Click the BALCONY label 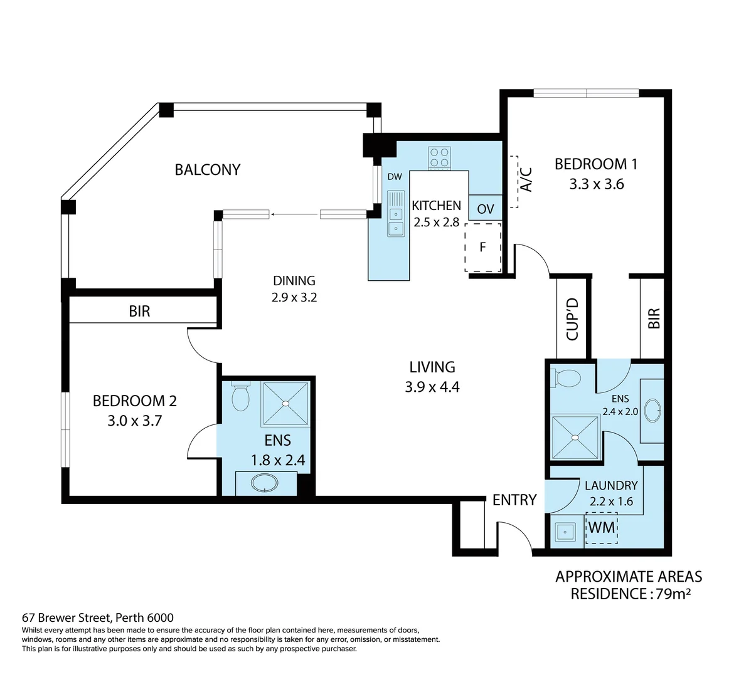(207, 169)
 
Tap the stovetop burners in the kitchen (439, 158)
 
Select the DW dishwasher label (394, 177)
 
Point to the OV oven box (485, 209)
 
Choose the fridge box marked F (482, 246)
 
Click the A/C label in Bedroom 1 (526, 179)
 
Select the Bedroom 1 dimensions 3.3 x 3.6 (596, 184)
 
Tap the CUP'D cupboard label (572, 318)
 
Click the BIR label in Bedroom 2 (139, 311)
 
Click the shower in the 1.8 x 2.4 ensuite (285, 404)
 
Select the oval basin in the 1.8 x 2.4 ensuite (263, 483)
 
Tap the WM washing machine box (601, 527)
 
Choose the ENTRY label (514, 500)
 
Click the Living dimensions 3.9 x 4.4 (432, 387)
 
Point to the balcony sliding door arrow (295, 215)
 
